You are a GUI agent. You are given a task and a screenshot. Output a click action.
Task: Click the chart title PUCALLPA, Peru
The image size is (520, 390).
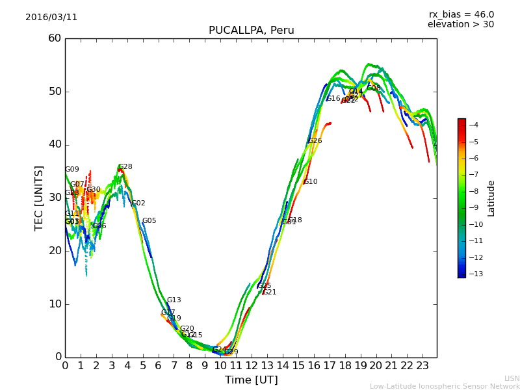[x=251, y=31]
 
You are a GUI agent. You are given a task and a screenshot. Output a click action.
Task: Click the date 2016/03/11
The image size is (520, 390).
[x=51, y=18]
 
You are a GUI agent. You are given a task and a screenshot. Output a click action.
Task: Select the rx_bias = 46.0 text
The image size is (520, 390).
[x=461, y=14]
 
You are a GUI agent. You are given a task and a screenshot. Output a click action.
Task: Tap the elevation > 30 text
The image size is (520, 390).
[x=460, y=25]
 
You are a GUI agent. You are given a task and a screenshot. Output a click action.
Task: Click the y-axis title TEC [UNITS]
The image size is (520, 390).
[x=39, y=198]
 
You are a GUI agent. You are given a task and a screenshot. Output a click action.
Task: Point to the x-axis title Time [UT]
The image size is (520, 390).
[x=251, y=380]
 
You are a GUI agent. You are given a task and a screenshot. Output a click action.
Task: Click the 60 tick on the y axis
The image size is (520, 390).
[x=55, y=38]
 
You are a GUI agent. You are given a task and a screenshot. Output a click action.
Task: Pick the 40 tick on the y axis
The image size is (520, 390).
[x=55, y=144]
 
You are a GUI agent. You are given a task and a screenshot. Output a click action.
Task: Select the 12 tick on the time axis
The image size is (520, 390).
[x=252, y=365]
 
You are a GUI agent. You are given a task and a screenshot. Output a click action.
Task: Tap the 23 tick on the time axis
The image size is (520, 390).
[x=422, y=365]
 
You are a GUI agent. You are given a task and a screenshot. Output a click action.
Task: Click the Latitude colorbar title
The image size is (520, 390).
[x=491, y=198]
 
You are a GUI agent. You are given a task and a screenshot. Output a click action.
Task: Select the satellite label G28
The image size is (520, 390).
[x=125, y=167]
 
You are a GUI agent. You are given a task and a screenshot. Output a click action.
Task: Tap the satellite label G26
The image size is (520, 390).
[x=315, y=141]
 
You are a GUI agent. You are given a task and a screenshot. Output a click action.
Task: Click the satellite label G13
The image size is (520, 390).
[x=174, y=300]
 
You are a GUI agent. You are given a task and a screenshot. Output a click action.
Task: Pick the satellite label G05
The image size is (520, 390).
[x=149, y=221]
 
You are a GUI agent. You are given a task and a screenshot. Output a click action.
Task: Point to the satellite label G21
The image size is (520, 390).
[x=270, y=292]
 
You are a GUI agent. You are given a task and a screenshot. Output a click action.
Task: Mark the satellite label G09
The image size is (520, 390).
[x=72, y=170]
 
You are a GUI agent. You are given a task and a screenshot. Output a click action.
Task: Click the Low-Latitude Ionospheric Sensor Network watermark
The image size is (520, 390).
[x=445, y=386]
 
